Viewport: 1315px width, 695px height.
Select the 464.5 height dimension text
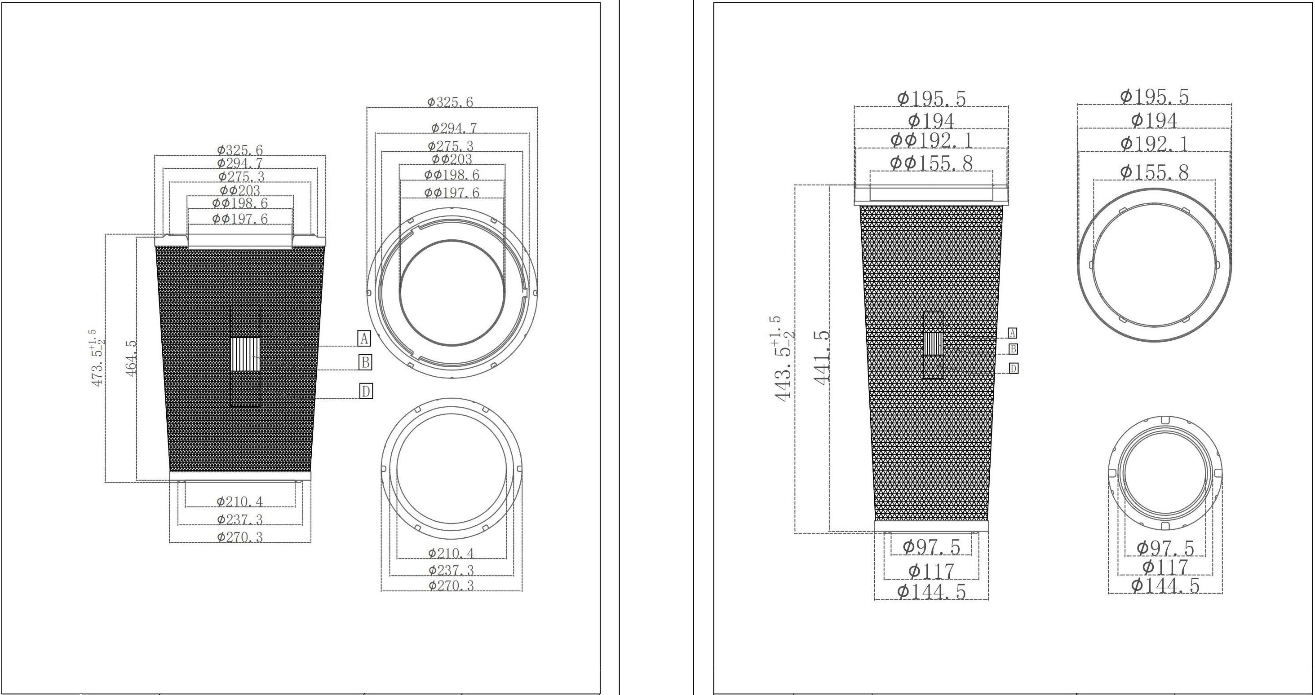[x=131, y=358]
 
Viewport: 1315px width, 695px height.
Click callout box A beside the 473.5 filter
[x=364, y=339]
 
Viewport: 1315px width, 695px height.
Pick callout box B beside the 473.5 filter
[x=365, y=362]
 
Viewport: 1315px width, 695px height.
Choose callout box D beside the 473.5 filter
[x=366, y=391]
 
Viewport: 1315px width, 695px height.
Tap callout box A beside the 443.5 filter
[x=1012, y=333]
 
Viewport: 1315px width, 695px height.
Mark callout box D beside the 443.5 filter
[x=1013, y=369]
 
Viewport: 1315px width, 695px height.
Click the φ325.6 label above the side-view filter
[x=240, y=150]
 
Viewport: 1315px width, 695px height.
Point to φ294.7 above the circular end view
[x=454, y=128]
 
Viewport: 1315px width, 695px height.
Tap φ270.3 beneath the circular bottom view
[x=451, y=585]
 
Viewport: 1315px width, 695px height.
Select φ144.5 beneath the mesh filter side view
[x=932, y=592]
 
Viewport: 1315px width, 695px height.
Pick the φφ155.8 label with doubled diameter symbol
[x=932, y=163]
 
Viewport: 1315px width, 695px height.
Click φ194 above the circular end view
[x=1154, y=121]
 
